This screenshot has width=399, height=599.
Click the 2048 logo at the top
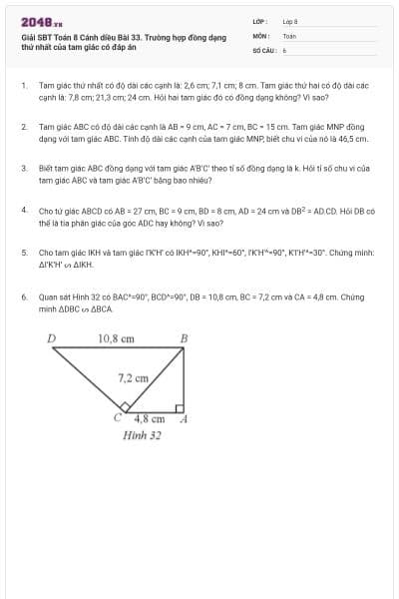point(41,21)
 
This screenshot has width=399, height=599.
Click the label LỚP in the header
point(259,21)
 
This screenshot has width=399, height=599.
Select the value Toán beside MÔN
point(289,35)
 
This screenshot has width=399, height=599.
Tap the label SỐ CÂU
point(263,48)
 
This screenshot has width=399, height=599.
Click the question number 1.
point(23,87)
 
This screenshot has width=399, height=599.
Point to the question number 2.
point(23,128)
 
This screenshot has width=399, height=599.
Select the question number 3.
point(23,169)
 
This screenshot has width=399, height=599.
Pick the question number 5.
point(23,253)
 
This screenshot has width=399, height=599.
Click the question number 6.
point(23,296)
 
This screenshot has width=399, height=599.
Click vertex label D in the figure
point(52,338)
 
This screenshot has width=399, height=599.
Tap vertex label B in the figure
point(183,338)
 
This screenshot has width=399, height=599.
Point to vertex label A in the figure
point(183,419)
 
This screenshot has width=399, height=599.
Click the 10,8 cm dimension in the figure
point(116,338)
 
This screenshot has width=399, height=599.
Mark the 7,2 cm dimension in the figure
point(133,378)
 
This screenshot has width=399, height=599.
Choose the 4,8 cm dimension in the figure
point(149,419)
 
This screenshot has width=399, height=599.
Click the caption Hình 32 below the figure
point(142,435)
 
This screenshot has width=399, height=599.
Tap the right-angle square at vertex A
point(179,407)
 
